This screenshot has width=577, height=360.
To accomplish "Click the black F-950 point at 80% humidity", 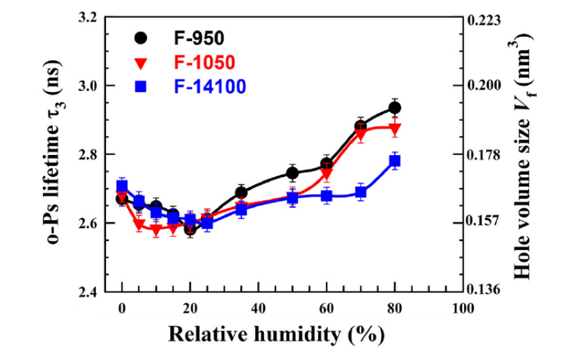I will tap(394, 107).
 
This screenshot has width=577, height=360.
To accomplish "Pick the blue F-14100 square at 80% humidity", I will tap(394, 161).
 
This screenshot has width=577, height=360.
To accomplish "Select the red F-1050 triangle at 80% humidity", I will tap(394, 128).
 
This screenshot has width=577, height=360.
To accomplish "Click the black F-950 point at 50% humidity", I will tap(292, 173).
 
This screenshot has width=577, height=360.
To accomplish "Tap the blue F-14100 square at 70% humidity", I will tap(361, 192).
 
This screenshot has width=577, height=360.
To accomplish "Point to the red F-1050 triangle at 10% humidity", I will tap(156, 230).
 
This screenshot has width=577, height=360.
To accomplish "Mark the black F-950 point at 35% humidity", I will tap(241, 193).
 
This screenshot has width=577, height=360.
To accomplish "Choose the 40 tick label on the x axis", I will tap(258, 307).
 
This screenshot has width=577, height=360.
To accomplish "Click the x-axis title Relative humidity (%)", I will tap(276, 334).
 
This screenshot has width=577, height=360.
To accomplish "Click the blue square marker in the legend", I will tap(141, 87).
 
